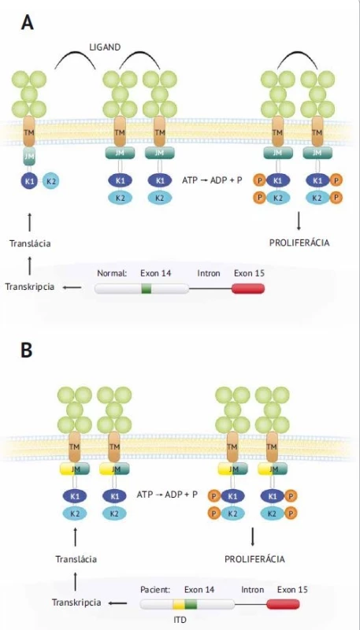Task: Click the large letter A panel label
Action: click(x=28, y=23)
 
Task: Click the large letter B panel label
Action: click(x=27, y=350)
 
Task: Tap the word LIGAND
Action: click(x=105, y=47)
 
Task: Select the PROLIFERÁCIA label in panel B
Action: click(x=254, y=559)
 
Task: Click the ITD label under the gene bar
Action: click(x=180, y=620)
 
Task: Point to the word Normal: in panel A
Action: click(x=112, y=273)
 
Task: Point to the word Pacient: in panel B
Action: click(x=155, y=590)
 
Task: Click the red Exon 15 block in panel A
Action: click(x=248, y=288)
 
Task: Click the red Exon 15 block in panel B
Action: click(x=283, y=604)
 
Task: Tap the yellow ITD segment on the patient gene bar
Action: click(x=179, y=604)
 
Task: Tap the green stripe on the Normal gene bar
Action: click(x=147, y=288)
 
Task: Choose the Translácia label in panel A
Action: click(x=31, y=243)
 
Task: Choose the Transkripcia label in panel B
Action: click(x=76, y=602)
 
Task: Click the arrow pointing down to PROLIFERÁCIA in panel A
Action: click(x=299, y=222)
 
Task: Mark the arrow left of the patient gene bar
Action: click(x=118, y=602)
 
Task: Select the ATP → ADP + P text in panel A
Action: click(x=212, y=180)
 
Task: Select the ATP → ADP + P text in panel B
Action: click(x=167, y=495)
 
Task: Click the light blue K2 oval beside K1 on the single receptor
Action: click(x=51, y=181)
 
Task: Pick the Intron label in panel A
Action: click(x=209, y=273)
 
